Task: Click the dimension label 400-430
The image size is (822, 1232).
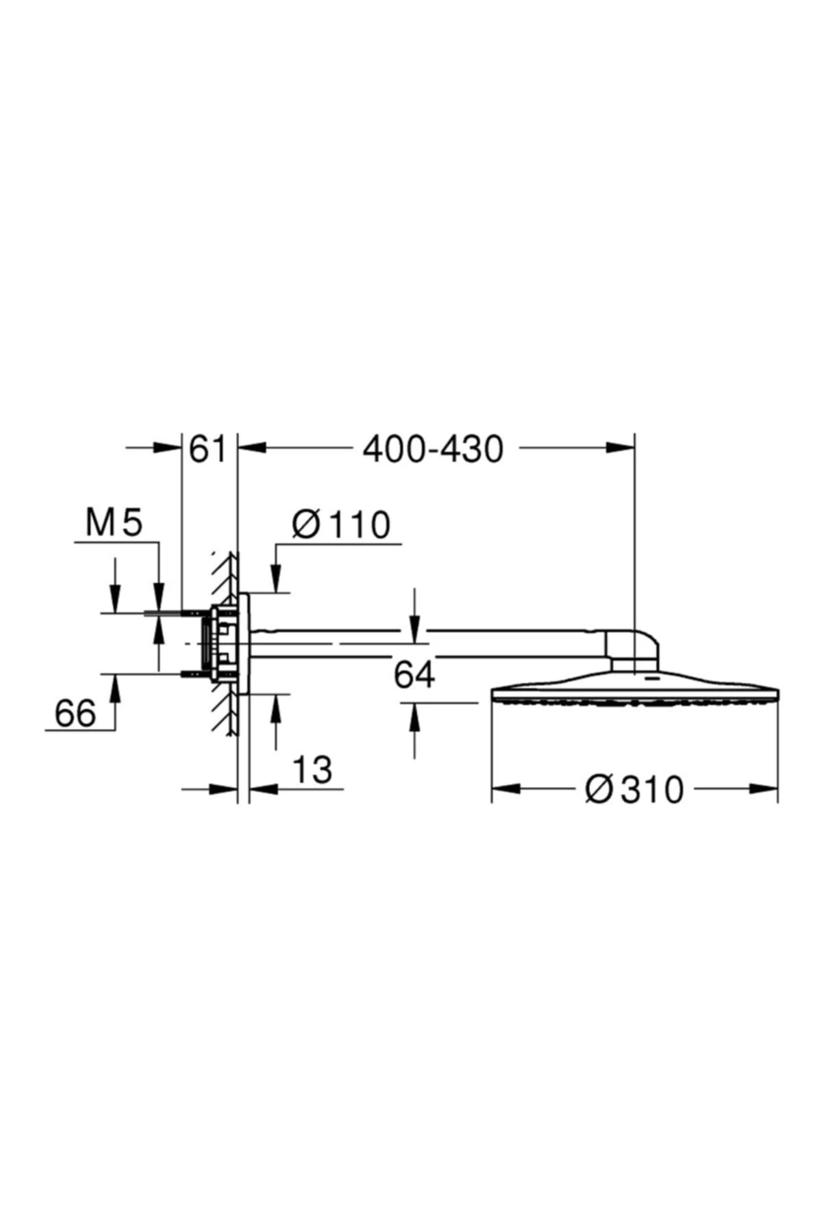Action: point(433,450)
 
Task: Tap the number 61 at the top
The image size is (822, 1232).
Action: point(207,450)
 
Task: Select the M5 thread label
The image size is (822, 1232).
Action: point(114,524)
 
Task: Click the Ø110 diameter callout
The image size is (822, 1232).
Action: point(340,525)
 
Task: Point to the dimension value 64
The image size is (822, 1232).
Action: point(414,676)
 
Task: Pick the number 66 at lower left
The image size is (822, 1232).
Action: point(75,714)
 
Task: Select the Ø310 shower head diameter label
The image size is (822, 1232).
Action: point(634,789)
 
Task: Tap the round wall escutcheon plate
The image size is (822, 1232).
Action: point(244,643)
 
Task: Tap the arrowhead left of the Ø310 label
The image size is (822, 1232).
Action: point(504,789)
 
